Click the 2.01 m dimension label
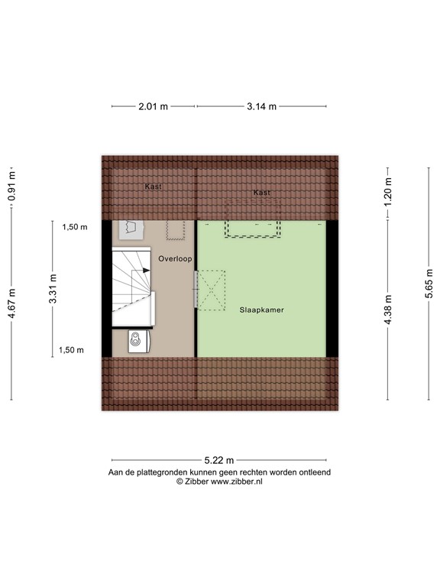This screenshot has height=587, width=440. tap(154, 106)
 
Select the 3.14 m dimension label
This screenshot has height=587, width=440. tap(261, 106)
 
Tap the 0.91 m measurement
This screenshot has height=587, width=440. tap(11, 186)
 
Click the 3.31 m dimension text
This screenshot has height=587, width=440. tap(53, 289)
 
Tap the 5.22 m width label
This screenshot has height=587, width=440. tap(219, 460)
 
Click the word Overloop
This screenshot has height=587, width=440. tap(175, 259)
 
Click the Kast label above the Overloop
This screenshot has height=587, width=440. tap(153, 186)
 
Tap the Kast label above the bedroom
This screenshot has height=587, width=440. tap(262, 193)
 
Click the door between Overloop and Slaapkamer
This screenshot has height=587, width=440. tap(196, 290)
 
